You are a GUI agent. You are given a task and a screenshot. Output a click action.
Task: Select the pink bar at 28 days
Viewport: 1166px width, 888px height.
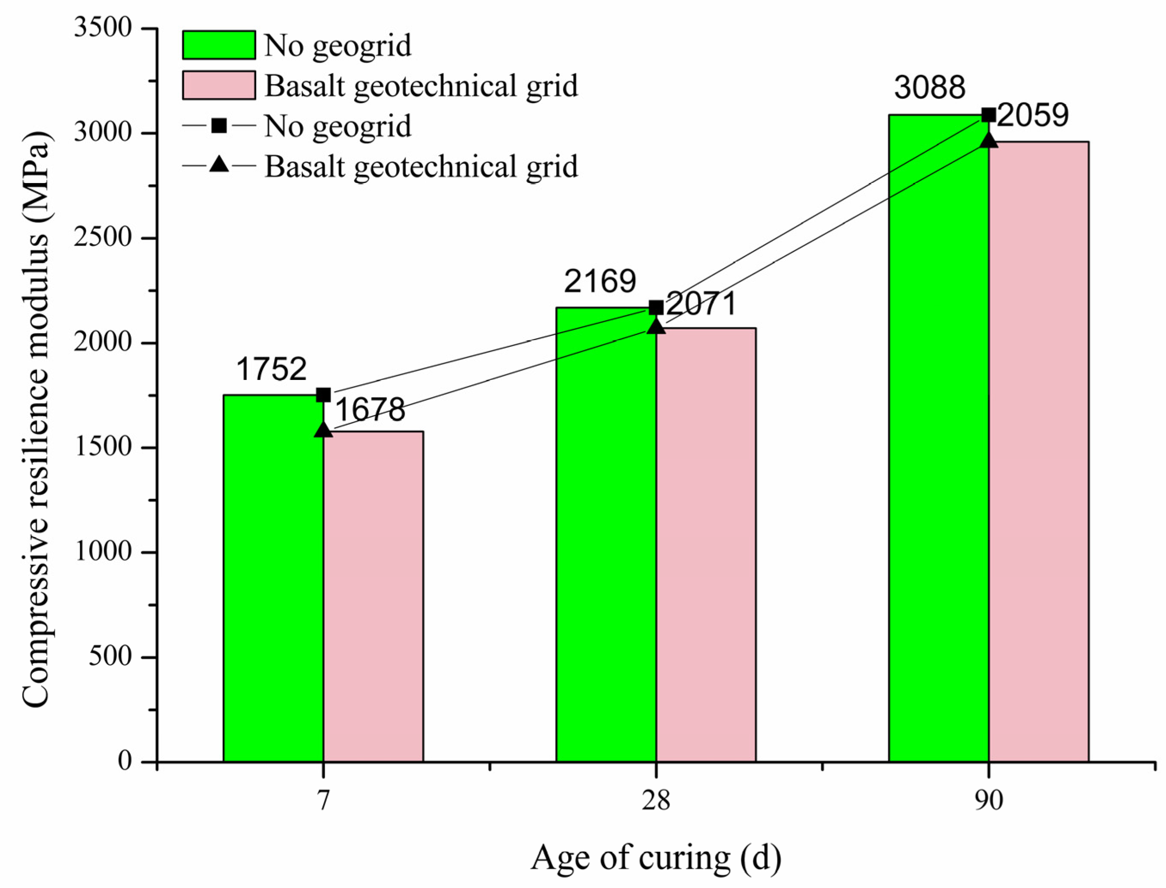(706, 545)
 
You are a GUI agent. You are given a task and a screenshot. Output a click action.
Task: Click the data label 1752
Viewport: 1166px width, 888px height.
(271, 369)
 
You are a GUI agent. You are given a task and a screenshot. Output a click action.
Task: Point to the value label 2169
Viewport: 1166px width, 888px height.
(600, 281)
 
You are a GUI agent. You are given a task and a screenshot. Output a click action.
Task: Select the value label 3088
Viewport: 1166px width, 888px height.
(930, 87)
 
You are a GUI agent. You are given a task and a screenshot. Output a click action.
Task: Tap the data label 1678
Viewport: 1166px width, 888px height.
(370, 409)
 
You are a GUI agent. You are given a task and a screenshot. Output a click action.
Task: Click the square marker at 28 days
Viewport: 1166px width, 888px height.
(656, 308)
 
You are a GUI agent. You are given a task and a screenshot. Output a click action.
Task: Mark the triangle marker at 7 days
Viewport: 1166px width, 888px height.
(324, 430)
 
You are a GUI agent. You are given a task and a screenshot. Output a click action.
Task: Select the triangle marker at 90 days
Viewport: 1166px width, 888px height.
(988, 140)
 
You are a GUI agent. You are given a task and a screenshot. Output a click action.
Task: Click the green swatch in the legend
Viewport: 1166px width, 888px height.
(219, 45)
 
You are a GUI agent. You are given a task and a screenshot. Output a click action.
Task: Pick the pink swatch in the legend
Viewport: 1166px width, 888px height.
(219, 85)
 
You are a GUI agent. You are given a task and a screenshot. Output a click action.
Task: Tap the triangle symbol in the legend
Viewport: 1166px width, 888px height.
(219, 165)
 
